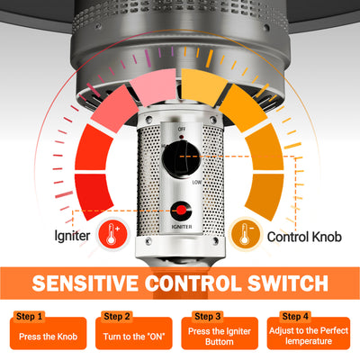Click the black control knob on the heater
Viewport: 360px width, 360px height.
(181, 158)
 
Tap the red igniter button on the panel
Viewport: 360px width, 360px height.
(181, 211)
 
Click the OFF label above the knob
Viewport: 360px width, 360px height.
(182, 129)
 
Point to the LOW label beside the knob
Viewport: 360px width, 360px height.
(197, 182)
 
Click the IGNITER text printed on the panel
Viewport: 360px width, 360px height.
(182, 227)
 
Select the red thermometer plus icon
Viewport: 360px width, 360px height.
(112, 234)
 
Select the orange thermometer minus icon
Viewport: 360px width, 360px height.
(245, 234)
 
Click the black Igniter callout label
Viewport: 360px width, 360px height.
(72, 236)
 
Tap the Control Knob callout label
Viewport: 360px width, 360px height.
(304, 237)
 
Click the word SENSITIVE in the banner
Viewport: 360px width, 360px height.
(85, 283)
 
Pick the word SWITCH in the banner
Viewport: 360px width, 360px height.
(288, 283)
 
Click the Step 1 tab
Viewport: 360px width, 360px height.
(29, 317)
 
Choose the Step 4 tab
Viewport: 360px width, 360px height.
(295, 317)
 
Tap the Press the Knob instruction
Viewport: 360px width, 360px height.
(48, 337)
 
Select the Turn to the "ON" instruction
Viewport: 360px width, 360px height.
(134, 337)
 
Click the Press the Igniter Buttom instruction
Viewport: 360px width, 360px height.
(220, 337)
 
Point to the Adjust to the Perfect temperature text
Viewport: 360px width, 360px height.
(309, 336)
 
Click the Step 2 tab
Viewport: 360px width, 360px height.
(117, 317)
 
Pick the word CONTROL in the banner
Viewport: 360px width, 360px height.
(193, 283)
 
